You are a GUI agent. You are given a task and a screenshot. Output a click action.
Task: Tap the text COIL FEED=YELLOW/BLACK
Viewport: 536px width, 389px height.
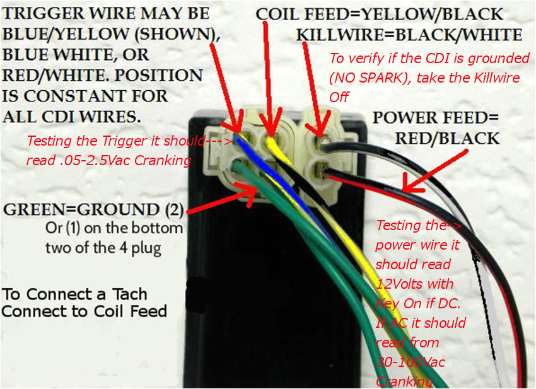tap(380, 14)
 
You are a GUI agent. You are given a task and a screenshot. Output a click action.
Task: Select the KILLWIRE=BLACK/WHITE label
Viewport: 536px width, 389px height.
tap(409, 35)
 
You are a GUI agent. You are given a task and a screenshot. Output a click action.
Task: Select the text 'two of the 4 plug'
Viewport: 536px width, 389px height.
tap(103, 248)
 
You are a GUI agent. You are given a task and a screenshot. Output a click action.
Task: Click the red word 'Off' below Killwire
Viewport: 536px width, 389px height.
tap(339, 97)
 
